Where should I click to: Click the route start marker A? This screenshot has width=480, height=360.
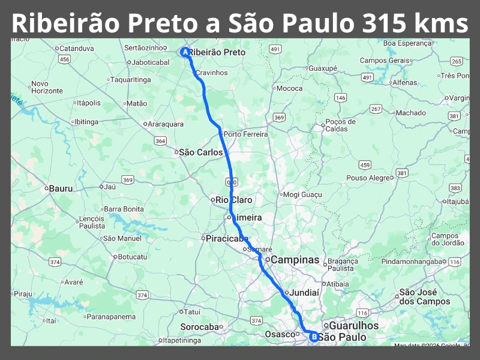[185, 52]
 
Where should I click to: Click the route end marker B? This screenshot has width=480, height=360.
[313, 337]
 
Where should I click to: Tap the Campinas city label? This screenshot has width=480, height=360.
[295, 260]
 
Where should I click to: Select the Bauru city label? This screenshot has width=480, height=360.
[60, 188]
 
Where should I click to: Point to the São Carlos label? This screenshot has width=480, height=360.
[200, 152]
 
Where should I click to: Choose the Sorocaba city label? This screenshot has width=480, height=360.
[200, 327]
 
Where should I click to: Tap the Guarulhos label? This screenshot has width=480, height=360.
[354, 325]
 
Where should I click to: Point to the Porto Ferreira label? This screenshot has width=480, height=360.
[245, 134]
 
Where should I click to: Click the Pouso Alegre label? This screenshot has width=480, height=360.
[368, 178]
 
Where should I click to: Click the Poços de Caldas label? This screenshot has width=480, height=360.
[340, 125]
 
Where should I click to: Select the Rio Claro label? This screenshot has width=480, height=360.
[234, 200]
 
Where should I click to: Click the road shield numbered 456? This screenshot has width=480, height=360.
[64, 59]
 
